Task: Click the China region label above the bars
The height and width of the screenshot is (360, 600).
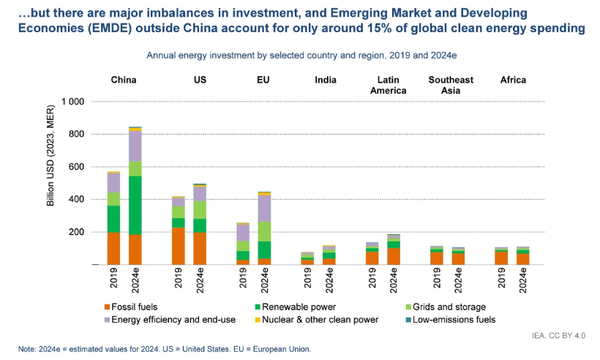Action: click(x=124, y=80)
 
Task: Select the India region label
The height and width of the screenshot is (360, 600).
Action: click(x=326, y=80)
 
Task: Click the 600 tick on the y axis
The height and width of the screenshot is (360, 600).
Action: click(x=75, y=167)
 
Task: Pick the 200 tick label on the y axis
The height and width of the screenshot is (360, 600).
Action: click(x=75, y=232)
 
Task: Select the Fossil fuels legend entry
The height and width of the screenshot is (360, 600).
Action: click(x=132, y=307)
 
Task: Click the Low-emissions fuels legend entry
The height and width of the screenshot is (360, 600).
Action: click(x=454, y=320)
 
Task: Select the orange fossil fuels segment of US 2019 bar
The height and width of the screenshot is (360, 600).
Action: click(x=179, y=246)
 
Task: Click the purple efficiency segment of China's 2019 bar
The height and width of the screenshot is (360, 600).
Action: click(x=113, y=183)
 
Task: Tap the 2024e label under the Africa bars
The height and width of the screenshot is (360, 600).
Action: click(x=523, y=280)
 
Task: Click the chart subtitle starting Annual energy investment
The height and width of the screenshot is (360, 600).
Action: click(x=301, y=56)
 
